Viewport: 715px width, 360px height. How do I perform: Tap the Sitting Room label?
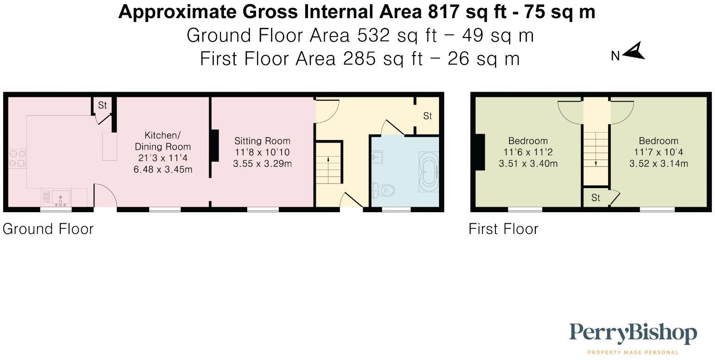[x=262, y=141]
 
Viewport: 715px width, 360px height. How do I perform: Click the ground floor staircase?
[x=329, y=169]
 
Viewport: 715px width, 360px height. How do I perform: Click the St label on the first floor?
[x=596, y=198]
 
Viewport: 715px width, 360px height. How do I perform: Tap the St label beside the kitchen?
[x=102, y=106]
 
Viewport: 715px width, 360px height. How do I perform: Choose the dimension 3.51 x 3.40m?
[x=528, y=164]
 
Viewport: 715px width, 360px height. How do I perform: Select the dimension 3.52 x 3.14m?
[x=659, y=164]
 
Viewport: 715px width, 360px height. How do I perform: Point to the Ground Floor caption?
[x=48, y=229]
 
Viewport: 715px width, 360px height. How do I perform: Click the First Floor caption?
[x=503, y=229]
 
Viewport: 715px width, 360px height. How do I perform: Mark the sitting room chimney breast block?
[x=215, y=146]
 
